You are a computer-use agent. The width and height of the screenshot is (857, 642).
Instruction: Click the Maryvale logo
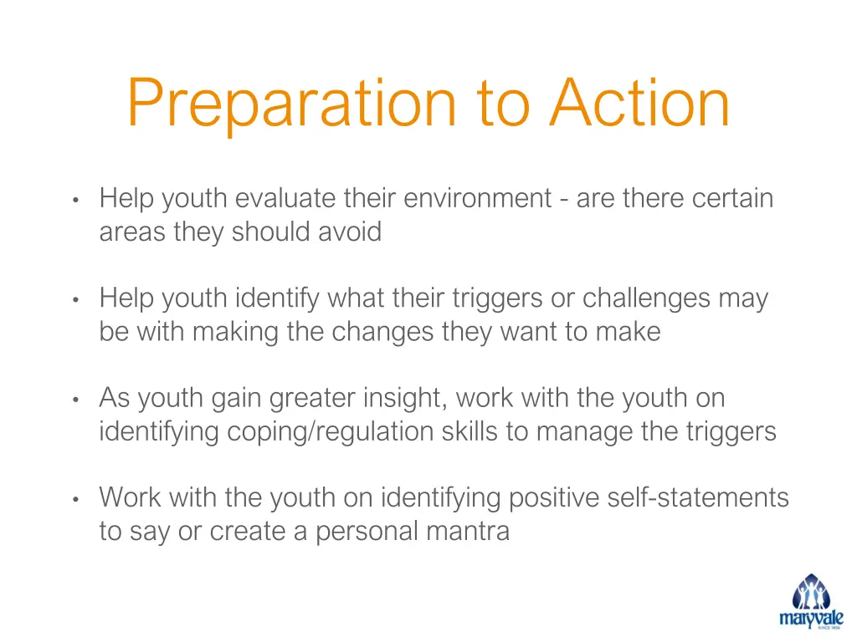pos(811,601)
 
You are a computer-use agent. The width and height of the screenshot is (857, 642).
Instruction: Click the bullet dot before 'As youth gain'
pos(75,400)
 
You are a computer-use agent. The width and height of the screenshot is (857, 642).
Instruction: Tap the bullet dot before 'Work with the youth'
pos(75,500)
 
